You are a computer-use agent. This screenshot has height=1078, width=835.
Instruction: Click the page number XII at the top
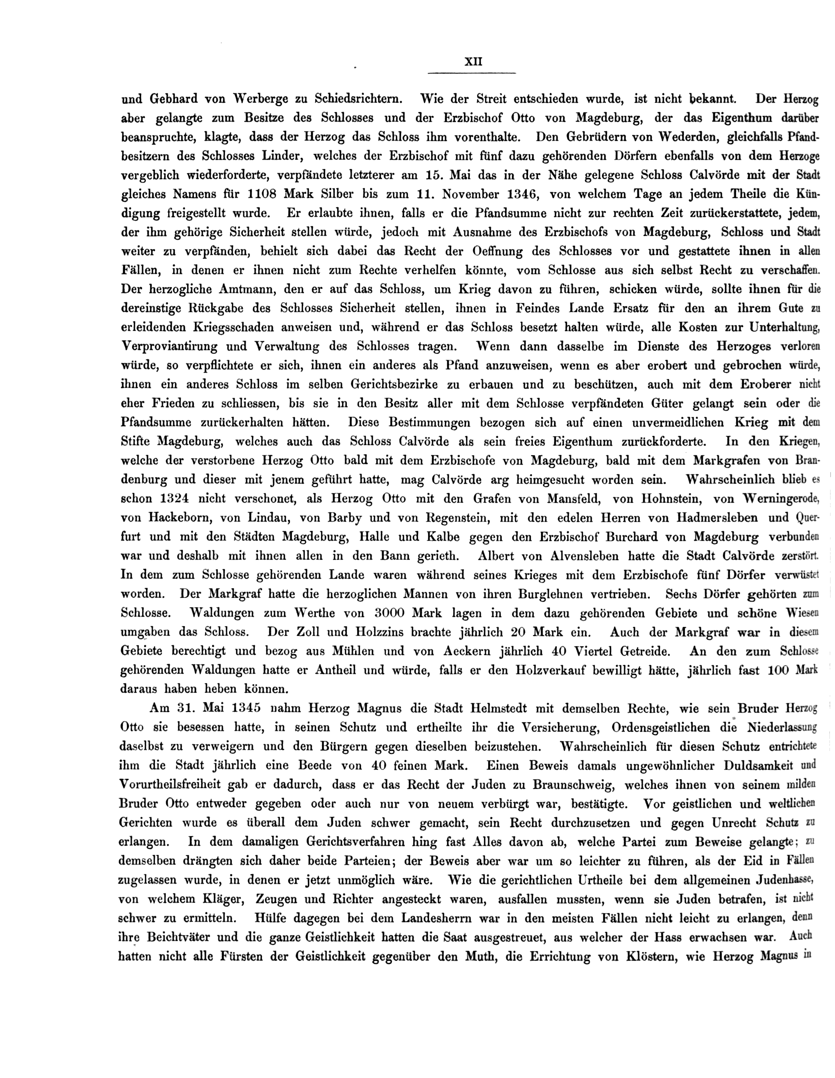(x=473, y=62)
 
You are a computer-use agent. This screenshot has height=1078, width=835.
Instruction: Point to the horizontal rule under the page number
(x=471, y=73)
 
